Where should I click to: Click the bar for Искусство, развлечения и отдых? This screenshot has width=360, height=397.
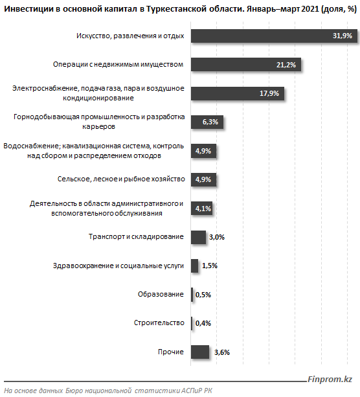tap(274, 36)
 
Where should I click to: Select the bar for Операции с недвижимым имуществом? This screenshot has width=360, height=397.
tap(246, 64)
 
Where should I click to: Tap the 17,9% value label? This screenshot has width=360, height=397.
tap(269, 93)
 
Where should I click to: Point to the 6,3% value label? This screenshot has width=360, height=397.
tap(210, 122)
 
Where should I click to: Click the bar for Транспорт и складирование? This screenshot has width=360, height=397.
tap(199, 237)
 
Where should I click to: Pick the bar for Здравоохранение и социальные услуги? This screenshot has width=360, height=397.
tap(195, 266)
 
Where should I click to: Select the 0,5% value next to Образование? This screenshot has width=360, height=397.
tap(203, 295)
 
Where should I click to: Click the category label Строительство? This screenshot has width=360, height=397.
tap(159, 323)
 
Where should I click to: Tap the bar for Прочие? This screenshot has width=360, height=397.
tap(200, 352)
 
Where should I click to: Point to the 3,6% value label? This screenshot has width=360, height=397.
tap(222, 352)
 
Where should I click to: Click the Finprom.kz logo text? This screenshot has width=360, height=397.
tap(330, 379)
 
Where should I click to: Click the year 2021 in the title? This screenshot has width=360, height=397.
tap(310, 9)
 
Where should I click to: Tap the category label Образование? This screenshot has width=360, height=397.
tap(161, 294)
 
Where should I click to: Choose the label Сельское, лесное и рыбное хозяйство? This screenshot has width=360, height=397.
tap(121, 179)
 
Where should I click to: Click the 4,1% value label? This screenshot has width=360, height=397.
tap(203, 209)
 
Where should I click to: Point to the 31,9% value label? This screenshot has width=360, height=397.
tap(343, 36)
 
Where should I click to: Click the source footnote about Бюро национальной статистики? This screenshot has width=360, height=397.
tap(108, 391)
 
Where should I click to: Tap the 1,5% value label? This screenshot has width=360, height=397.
tap(210, 266)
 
